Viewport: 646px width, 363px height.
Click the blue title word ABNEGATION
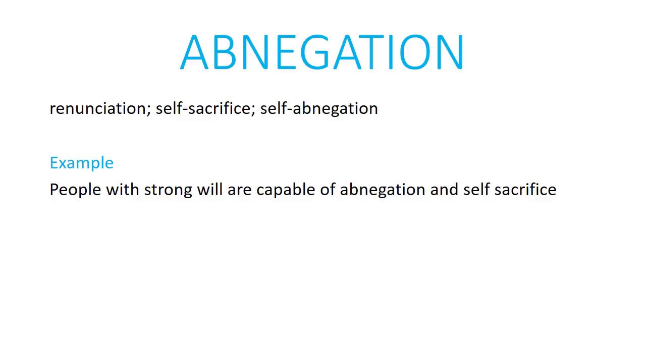click(322, 52)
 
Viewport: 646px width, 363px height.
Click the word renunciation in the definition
click(98, 108)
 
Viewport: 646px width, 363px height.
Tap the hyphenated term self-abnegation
click(318, 108)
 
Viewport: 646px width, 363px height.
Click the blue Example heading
click(82, 163)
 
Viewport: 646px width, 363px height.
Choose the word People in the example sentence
click(75, 190)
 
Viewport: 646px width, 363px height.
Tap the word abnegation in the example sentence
click(383, 190)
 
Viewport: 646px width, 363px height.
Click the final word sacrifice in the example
click(525, 190)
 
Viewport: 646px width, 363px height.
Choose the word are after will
click(239, 190)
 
